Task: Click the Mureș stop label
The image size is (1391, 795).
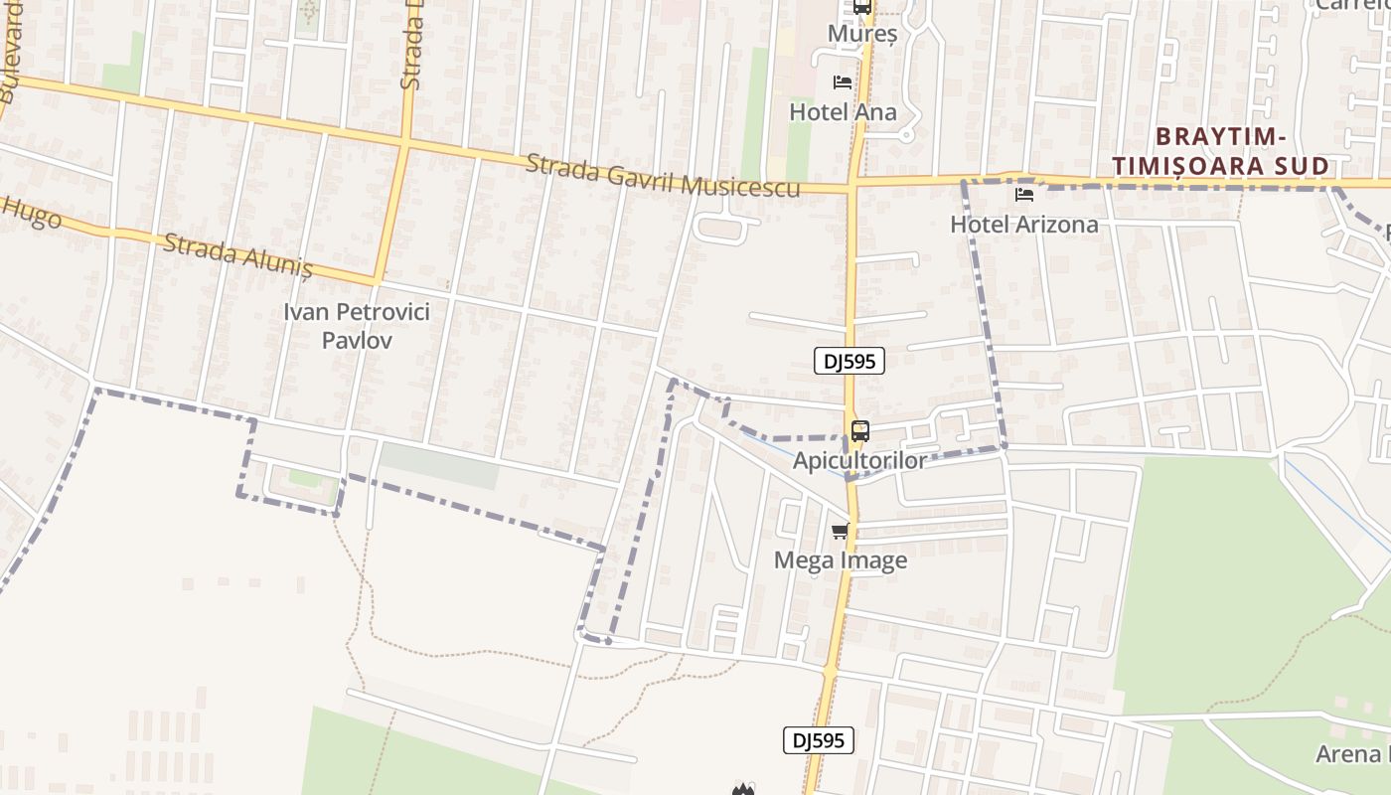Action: click(862, 34)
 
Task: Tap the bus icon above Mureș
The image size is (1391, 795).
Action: click(862, 7)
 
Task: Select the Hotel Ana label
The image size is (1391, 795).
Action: click(843, 112)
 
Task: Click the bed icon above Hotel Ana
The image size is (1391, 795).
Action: click(843, 81)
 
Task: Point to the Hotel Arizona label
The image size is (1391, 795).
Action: click(1024, 224)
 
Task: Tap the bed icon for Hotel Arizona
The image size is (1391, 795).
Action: click(1024, 195)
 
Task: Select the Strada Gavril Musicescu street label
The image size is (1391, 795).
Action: click(663, 176)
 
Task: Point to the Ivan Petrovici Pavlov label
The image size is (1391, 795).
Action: click(357, 326)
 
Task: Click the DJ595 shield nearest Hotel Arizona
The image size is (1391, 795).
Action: click(850, 361)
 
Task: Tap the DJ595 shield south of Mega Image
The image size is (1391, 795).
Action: click(819, 740)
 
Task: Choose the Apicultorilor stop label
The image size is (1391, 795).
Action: click(859, 460)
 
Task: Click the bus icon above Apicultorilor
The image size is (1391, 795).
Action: click(860, 431)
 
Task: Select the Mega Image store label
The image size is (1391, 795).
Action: click(841, 560)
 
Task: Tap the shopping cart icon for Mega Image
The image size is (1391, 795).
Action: click(841, 531)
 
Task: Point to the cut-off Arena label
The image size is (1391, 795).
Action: click(1352, 754)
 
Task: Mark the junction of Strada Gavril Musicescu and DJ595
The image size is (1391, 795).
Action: click(852, 185)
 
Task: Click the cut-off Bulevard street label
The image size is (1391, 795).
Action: click(12, 50)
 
